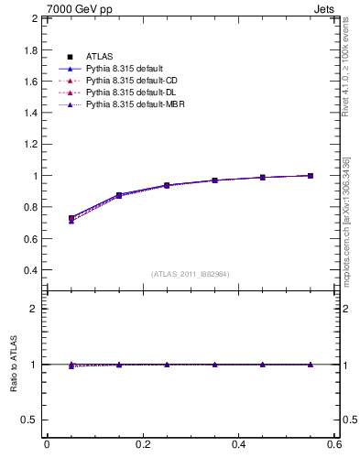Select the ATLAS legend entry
(98, 57)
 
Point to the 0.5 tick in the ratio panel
(29, 420)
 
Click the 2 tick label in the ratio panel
(34, 309)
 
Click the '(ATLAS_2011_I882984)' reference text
(190, 274)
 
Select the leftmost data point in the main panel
(71, 219)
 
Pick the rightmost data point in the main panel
(311, 175)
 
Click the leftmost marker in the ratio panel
(71, 365)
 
